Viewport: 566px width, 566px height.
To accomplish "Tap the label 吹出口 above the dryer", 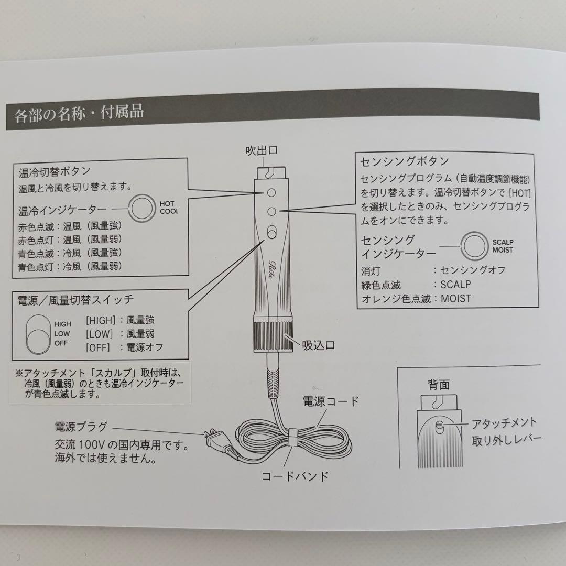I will [x=262, y=150].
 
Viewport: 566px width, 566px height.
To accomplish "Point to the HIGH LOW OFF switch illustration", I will [x=37, y=333].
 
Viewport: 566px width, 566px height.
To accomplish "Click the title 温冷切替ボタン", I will [x=55, y=171].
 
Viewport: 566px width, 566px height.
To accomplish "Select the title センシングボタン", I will [x=404, y=160].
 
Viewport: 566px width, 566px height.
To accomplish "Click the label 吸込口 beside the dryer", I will [x=318, y=345].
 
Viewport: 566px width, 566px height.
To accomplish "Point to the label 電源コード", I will [x=331, y=401].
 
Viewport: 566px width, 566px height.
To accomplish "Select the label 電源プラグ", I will [x=81, y=426].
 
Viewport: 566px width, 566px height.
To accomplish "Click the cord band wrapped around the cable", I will [x=292, y=437].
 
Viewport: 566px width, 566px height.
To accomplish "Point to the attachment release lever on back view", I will [x=439, y=423].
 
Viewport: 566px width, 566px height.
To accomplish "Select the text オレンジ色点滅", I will [x=396, y=299].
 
